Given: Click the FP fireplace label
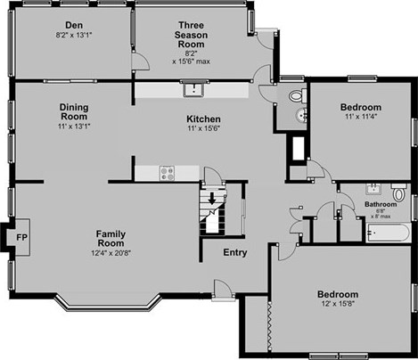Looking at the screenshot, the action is click(21, 237).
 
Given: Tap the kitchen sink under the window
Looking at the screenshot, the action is click(194, 89).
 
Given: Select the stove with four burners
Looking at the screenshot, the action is click(168, 173).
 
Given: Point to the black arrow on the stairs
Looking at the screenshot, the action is click(212, 199).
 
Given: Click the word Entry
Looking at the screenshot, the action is click(235, 252).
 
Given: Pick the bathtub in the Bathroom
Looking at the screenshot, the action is click(389, 233).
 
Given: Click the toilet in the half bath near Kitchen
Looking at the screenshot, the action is click(298, 95).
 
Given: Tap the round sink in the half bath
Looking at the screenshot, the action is click(301, 115).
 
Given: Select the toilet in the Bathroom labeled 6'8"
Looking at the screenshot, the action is click(398, 192).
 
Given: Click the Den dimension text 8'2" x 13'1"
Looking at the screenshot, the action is click(74, 35).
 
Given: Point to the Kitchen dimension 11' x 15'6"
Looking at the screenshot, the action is click(203, 128).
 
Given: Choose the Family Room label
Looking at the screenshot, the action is click(111, 239).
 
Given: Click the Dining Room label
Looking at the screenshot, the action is click(74, 111).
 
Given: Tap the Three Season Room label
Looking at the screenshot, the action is click(191, 35).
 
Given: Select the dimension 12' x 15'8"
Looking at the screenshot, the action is click(338, 304).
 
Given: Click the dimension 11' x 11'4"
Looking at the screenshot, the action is click(361, 117).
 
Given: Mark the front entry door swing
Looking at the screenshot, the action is click(223, 288).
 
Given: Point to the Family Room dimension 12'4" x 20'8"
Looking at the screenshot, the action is click(111, 253).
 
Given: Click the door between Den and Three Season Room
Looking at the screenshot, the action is click(140, 61).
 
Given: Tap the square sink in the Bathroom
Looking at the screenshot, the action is click(373, 189).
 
